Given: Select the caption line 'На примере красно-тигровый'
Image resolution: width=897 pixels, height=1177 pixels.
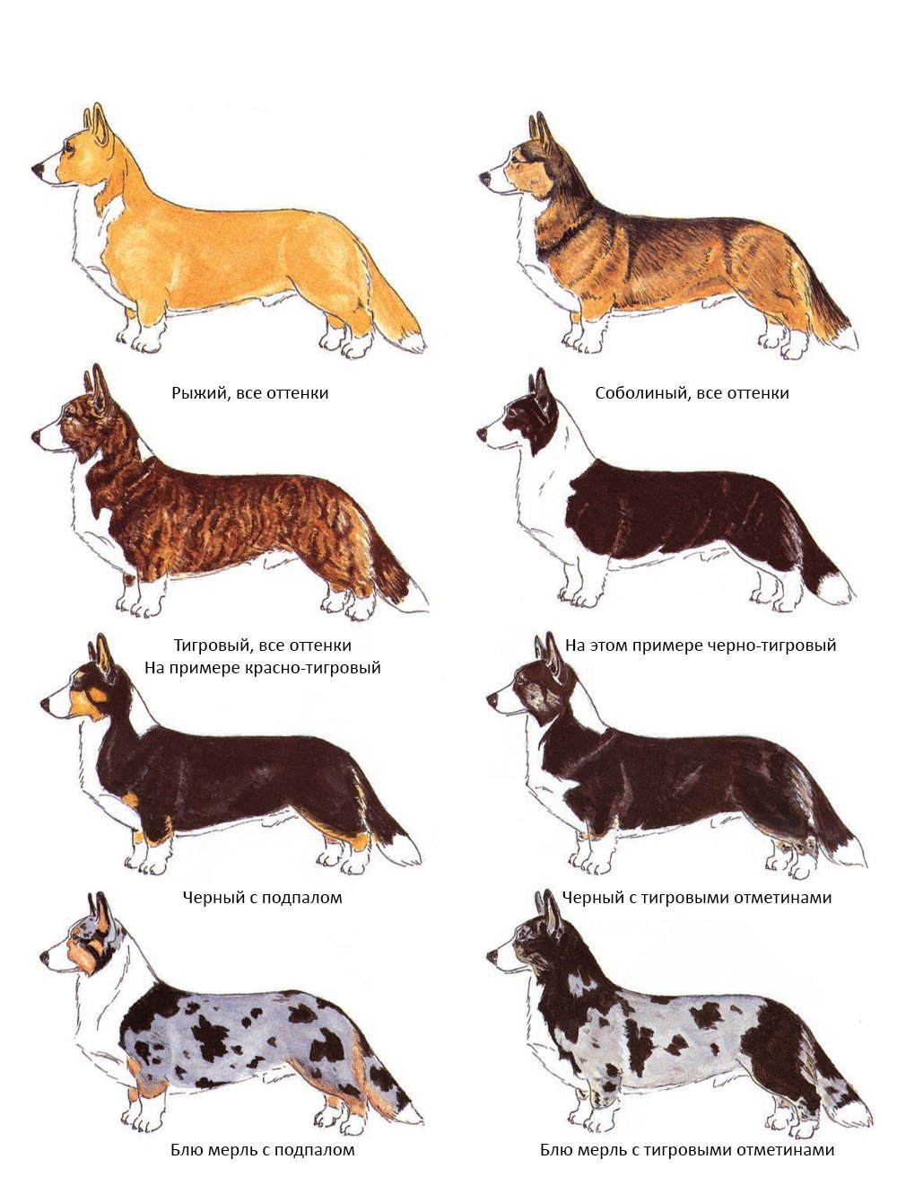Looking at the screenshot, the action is (263, 668).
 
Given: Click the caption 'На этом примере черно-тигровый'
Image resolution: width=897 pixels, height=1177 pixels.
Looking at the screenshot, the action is (701, 646).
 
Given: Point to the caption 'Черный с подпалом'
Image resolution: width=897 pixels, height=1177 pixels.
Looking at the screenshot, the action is (262, 898).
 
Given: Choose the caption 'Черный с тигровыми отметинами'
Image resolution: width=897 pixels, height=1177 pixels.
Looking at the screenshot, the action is (697, 898).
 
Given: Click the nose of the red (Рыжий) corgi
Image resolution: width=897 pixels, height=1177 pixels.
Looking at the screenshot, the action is (38, 170).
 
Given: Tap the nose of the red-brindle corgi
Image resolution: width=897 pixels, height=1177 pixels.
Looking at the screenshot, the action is (37, 436).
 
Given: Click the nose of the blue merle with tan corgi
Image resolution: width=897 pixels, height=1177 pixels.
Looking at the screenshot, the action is (45, 957).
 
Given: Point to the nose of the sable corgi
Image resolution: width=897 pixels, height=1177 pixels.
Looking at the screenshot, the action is (485, 177).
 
